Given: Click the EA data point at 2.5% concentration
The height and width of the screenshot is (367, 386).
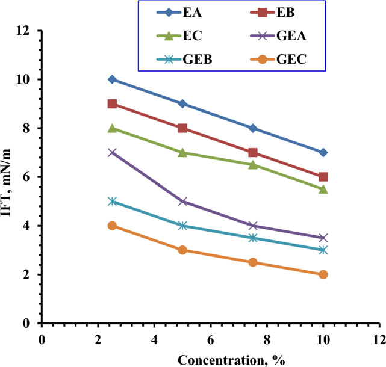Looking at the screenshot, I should pos(112,79).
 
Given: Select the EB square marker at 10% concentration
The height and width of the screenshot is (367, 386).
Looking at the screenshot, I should pos(323,177).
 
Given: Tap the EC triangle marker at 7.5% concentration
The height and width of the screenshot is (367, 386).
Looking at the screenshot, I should pos(253,164).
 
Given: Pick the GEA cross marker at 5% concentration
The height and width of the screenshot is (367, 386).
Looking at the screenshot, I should pos(182,202).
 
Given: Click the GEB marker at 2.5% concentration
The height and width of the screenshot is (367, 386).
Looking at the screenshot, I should pos(112,202).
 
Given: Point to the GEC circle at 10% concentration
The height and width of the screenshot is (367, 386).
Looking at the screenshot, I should pos(323,274).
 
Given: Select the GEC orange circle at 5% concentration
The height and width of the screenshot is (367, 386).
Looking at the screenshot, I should pos(182,250).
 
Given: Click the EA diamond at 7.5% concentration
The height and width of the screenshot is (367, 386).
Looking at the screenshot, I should pos(253,128).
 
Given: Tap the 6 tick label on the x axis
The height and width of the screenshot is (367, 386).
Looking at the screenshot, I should pos(210,338).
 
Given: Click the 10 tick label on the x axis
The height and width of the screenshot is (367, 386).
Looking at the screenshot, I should pos(323,338).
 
